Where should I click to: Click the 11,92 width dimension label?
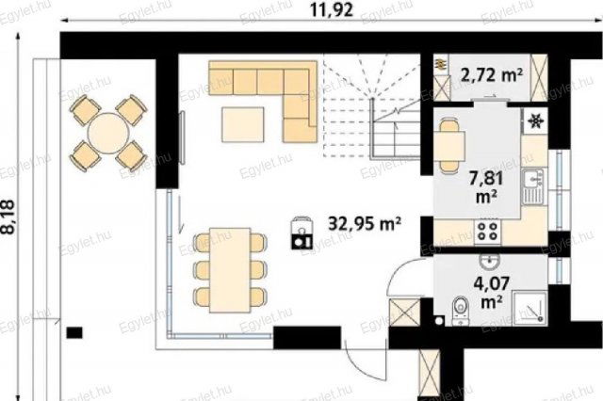coord(333,10)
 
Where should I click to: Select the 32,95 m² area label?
coord(365,223)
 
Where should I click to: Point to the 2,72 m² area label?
coord(492,75)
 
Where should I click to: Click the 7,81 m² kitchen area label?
coord(486,187)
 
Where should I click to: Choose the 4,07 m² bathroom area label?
coord(492,293)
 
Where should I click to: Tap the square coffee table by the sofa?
coord(243,125)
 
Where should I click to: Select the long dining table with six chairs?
coord(230,270)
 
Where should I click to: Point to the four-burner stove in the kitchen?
coord(488,232)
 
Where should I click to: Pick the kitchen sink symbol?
coord(533,186)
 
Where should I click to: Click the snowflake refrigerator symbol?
coord(535,121)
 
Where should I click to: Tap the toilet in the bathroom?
coord(460,310)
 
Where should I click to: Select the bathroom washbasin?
coord(490,261)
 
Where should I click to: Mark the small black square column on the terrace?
coord(74,332)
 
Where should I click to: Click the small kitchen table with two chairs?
coord(449,146)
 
